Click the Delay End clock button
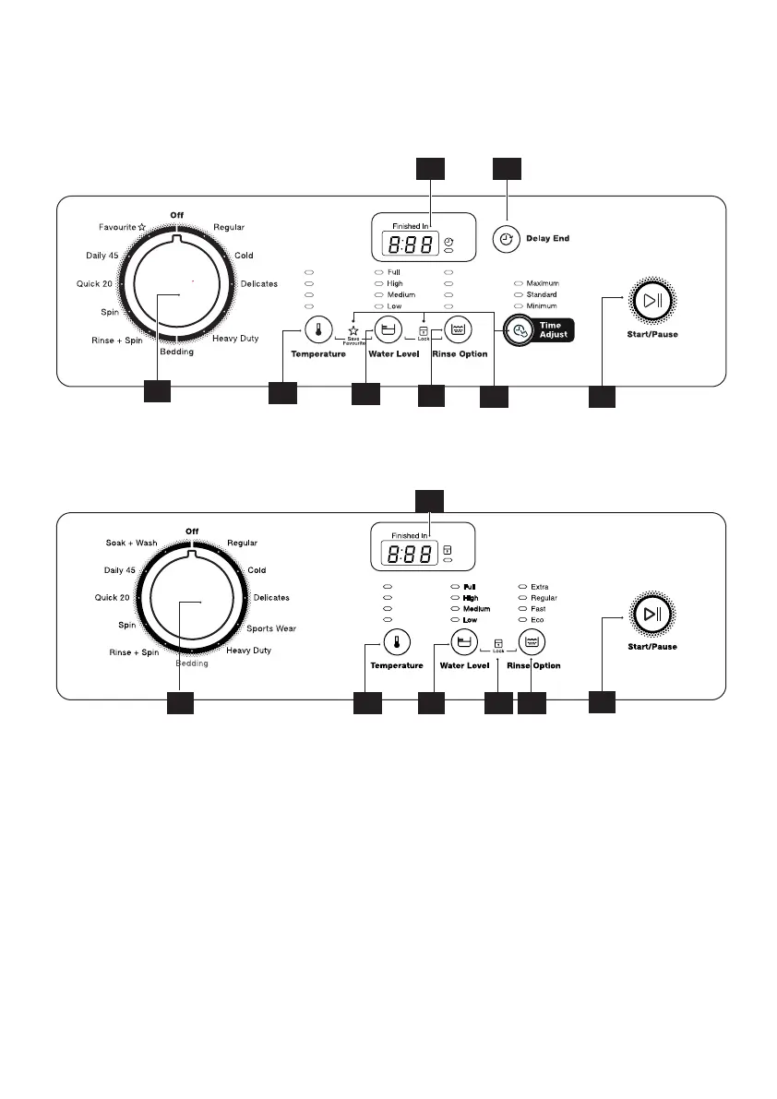point(506,238)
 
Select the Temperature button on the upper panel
point(318,329)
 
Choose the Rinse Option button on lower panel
point(532,642)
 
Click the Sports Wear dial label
point(271,628)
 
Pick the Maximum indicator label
point(543,283)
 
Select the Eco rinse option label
point(537,620)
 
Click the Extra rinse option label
point(541,587)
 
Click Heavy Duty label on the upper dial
point(235,340)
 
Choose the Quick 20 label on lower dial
point(112,598)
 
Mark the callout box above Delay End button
point(507,168)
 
